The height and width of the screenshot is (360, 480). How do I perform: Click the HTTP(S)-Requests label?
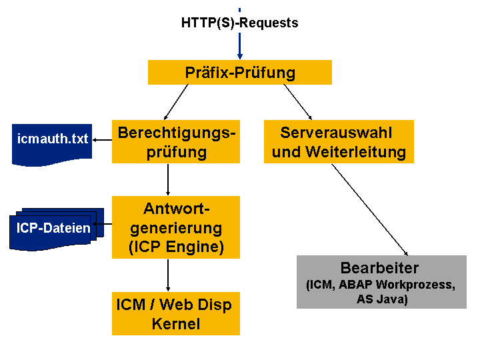(x=239, y=23)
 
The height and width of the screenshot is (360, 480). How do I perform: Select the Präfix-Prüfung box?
(x=239, y=73)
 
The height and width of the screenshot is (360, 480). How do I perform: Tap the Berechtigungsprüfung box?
(x=176, y=142)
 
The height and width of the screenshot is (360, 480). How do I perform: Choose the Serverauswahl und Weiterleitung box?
(x=339, y=142)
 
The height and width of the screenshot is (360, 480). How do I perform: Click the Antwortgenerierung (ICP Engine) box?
(x=176, y=227)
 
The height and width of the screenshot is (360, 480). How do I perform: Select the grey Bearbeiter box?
(x=379, y=282)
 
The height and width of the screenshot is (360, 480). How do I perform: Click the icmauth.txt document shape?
(x=51, y=141)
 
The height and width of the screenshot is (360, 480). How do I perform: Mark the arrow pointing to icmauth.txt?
(x=102, y=140)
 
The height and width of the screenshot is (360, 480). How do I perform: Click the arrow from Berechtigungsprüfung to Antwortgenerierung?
(x=167, y=179)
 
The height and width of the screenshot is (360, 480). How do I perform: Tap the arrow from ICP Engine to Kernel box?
(x=167, y=275)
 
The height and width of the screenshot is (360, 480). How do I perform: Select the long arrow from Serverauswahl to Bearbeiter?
(x=371, y=209)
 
